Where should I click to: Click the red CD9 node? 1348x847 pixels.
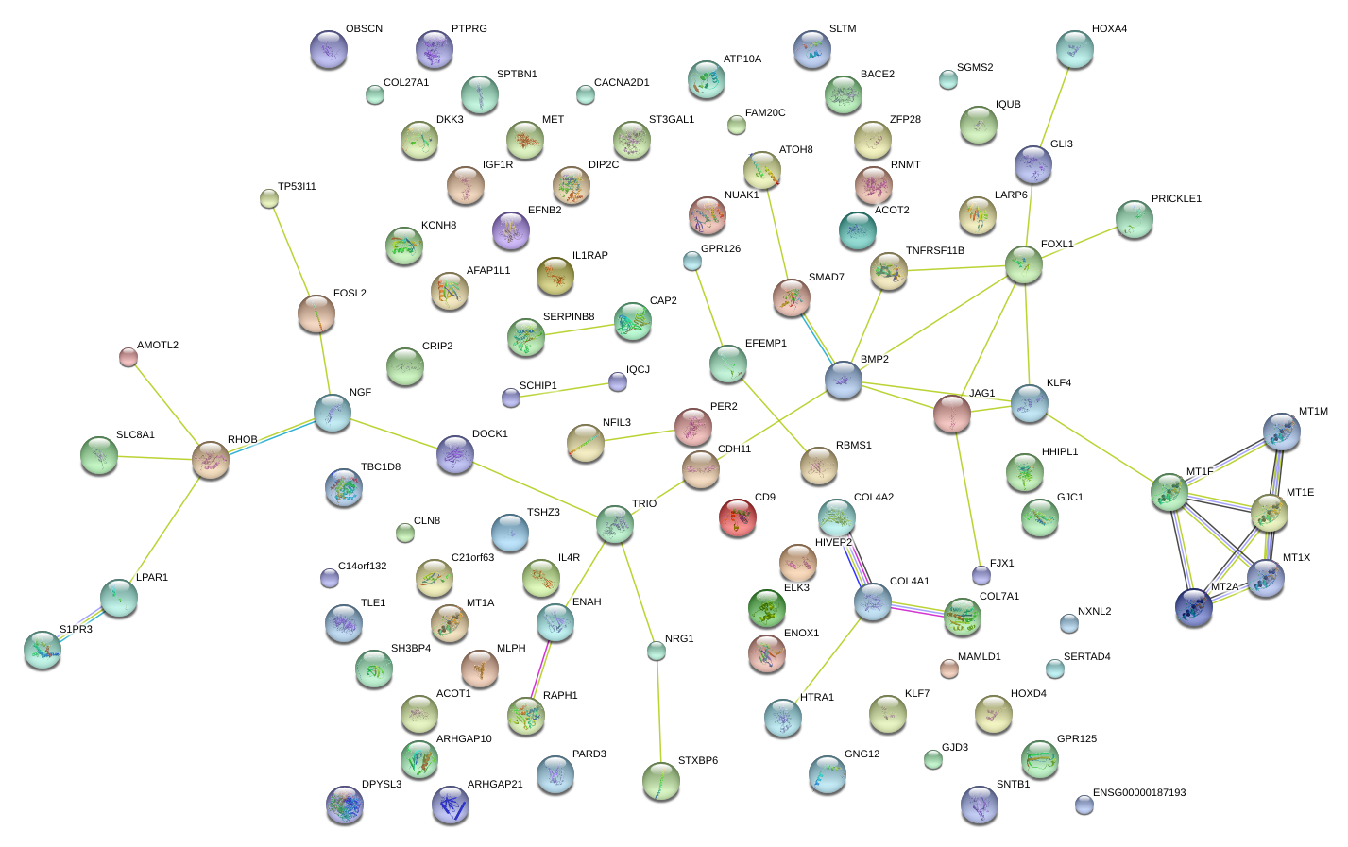[738, 517]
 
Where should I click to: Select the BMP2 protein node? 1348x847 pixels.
[844, 380]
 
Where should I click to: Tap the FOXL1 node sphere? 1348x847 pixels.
[1024, 264]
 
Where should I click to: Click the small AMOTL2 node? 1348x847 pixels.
[128, 357]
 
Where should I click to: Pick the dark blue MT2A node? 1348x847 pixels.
[1194, 607]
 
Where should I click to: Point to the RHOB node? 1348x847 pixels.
[211, 460]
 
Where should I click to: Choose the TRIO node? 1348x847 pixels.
[615, 524]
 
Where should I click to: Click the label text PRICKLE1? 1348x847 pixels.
[1176, 199]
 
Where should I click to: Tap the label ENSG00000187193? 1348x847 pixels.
[1138, 793]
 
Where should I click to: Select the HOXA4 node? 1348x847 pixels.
[1074, 48]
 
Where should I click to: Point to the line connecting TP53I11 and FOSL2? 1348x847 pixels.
[292, 247]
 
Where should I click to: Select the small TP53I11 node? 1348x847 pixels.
[269, 198]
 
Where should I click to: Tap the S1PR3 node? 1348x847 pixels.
[43, 649]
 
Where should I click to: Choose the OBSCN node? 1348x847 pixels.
[329, 49]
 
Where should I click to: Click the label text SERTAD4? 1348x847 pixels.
[1086, 657]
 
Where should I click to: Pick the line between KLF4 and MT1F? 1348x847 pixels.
[1100, 449]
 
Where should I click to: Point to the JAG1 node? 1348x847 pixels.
[952, 414]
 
